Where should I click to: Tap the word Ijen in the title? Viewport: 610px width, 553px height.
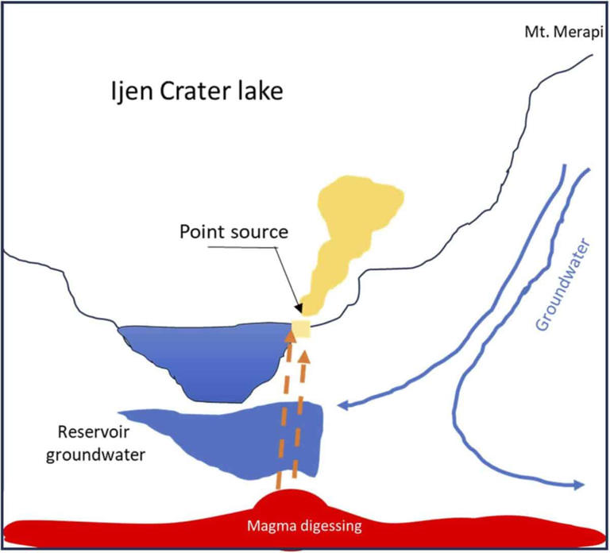click(x=129, y=93)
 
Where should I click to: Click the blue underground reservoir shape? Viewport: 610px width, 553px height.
click(x=238, y=437)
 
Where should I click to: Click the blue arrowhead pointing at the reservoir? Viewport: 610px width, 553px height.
click(x=345, y=407)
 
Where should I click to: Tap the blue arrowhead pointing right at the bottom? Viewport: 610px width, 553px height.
click(x=578, y=485)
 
